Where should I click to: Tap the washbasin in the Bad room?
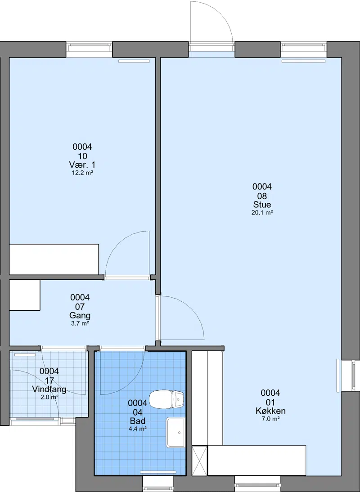pos(176,432)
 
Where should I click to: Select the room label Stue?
pos(262,205)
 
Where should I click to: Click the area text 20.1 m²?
pos(262,213)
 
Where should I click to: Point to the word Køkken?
pos(270,411)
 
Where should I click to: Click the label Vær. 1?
pos(82,165)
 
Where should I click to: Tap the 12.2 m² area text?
pos(82,173)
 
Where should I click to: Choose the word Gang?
pos(80,315)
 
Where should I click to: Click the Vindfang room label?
pos(49,389)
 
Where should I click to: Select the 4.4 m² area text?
pos(138,429)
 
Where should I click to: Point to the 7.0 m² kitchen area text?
pos(270,419)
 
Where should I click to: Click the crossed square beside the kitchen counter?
pos(200,461)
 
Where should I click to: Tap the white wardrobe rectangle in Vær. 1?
pos(54,259)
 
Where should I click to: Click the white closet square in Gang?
pos(25,295)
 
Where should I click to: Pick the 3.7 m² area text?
pos(80,323)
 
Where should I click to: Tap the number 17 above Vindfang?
pos(49,380)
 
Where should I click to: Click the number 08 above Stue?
pos(262,196)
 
